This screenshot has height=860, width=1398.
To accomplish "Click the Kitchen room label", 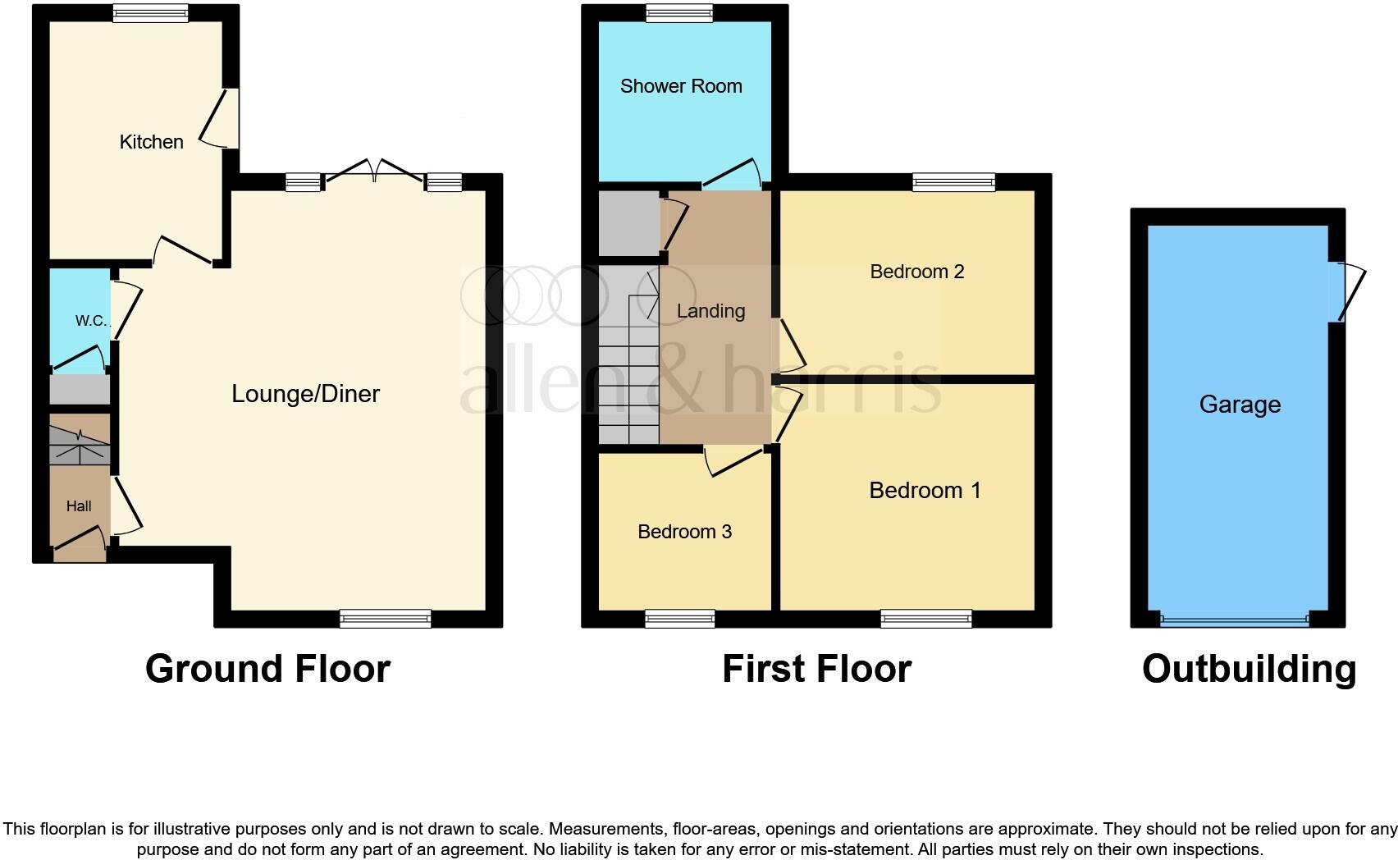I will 151,142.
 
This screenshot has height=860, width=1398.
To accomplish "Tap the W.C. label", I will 91,321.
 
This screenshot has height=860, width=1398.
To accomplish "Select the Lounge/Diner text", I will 305,394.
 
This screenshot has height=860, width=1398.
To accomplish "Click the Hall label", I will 79,506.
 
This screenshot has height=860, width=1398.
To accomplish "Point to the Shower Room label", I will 681,86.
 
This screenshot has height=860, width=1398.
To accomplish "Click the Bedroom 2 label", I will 916,272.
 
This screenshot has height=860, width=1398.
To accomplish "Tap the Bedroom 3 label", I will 684,532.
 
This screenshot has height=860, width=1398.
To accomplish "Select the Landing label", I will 710,311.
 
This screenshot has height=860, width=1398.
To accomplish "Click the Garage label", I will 1239,405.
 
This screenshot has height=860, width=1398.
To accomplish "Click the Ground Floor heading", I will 267,669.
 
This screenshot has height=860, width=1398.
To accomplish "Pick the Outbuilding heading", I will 1249,669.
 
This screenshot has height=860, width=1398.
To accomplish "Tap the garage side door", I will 1350,291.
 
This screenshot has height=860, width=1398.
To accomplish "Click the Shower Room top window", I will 678,13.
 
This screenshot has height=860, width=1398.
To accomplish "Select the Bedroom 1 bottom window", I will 926,619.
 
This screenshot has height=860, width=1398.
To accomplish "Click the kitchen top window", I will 150,13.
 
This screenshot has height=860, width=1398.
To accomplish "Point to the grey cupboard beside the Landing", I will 628,223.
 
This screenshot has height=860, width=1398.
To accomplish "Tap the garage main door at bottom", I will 1235,620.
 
